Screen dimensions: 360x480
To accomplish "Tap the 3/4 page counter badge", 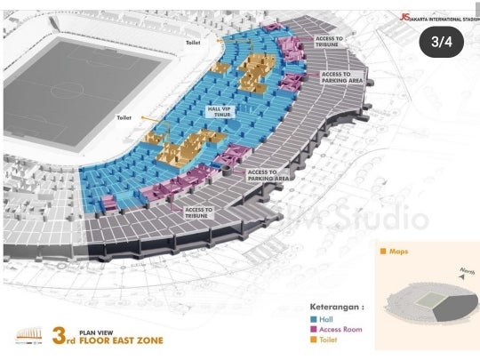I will pos(442,42).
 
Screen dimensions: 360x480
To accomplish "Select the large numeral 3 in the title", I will pos(60,336).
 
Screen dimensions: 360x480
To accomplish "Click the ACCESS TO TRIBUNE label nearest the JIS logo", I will pos(329,42).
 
